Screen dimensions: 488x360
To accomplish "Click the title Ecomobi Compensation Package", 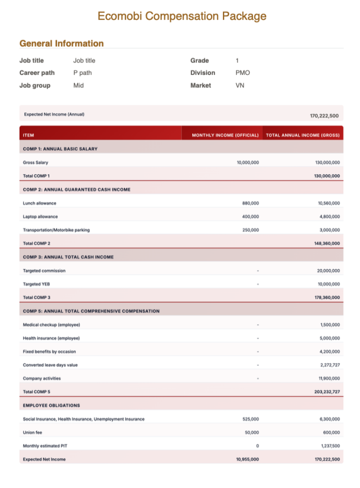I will [182, 16].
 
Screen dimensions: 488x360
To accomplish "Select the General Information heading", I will [61, 43].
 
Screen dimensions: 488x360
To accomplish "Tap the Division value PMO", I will [242, 73].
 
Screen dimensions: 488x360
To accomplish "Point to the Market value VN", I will [240, 86].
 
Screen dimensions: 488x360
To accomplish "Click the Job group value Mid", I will [79, 86].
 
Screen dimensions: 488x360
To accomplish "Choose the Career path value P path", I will [82, 73].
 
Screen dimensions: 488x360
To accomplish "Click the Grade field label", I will [200, 61].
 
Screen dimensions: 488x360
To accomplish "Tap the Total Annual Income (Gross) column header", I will [303, 135].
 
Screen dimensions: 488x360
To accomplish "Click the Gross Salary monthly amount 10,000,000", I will [248, 163].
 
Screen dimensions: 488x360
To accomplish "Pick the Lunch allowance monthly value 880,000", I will [250, 203].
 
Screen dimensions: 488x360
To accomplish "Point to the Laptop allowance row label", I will [40, 216].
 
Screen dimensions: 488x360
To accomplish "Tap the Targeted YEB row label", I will [36, 284].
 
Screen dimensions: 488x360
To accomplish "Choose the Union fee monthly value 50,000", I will [252, 433].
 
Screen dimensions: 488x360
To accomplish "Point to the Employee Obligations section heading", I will [51, 406].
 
